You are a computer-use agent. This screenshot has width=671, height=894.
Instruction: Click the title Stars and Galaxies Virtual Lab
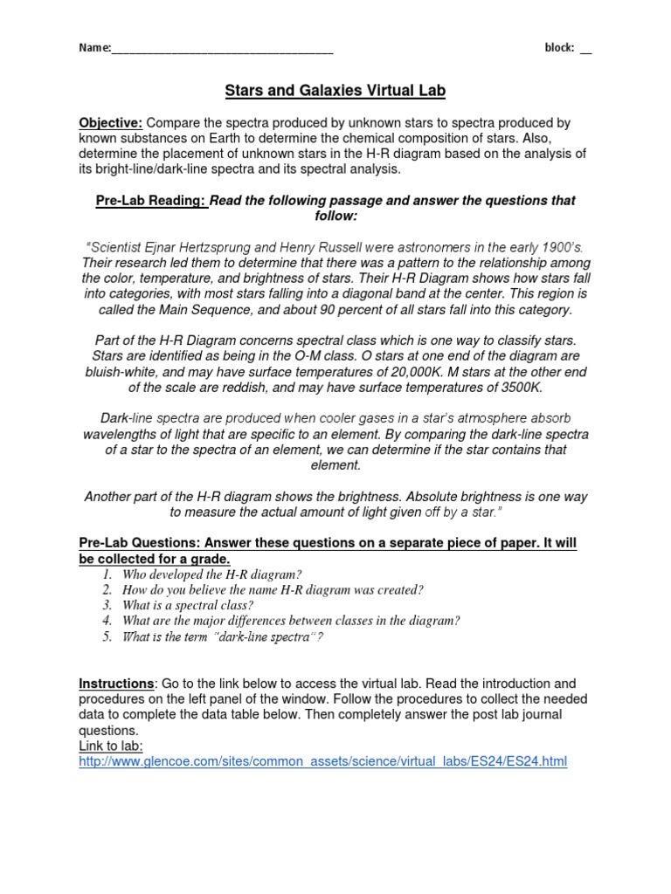[335, 91]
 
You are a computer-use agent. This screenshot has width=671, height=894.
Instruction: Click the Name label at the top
[93, 48]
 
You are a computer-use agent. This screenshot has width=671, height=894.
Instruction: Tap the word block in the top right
[558, 48]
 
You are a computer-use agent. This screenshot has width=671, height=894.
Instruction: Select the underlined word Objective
[111, 123]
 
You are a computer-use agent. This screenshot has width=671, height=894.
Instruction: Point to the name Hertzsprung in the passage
[207, 247]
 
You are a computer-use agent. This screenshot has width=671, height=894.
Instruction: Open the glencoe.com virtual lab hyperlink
[322, 761]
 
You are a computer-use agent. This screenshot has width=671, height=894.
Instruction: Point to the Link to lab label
[111, 746]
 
